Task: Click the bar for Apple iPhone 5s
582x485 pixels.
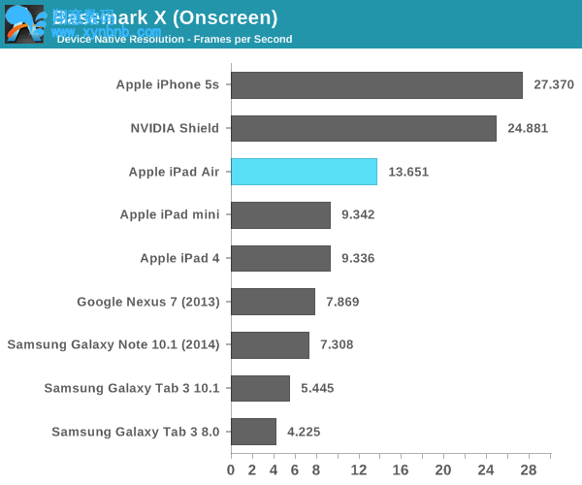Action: coord(376,85)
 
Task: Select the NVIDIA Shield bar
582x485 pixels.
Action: coord(364,128)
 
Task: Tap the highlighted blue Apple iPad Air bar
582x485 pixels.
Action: coord(304,172)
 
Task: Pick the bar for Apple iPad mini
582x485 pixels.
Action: coord(281,214)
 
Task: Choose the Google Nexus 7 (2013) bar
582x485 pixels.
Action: coord(273,302)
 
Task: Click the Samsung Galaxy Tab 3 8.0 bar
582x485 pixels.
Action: coord(253,432)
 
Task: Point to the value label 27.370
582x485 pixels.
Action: coord(555,85)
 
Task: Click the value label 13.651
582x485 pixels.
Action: coord(408,172)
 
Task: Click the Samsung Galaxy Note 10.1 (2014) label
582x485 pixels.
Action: coord(113,344)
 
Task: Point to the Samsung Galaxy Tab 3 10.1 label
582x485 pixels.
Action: coord(132,388)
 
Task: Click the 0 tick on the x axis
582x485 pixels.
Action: coord(231,470)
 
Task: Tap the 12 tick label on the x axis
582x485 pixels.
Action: coord(359,470)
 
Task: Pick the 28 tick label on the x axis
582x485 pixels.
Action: coord(529,470)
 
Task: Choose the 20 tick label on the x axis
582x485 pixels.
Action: coord(444,470)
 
